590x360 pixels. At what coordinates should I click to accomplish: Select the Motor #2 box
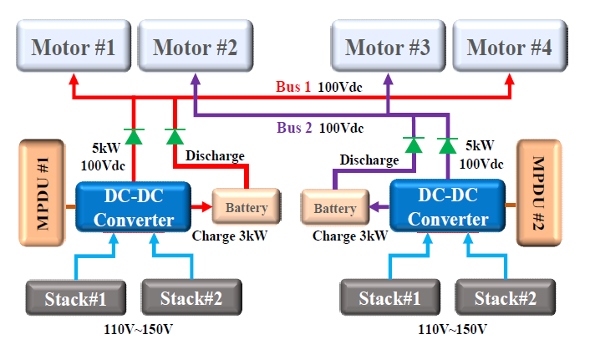pyautogui.click(x=195, y=48)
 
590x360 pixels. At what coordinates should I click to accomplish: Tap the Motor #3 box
pyautogui.click(x=387, y=48)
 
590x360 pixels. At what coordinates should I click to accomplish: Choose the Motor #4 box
pyautogui.click(x=509, y=48)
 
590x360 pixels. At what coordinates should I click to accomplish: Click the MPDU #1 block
pyautogui.click(x=39, y=192)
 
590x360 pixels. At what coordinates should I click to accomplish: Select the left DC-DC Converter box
pyautogui.click(x=133, y=207)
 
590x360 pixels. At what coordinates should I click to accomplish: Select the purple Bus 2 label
pyautogui.click(x=293, y=128)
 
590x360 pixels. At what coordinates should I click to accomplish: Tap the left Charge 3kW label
pyautogui.click(x=229, y=236)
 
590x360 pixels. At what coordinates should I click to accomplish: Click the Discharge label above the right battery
pyautogui.click(x=370, y=160)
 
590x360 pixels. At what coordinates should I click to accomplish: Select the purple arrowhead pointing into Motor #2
pyautogui.click(x=195, y=79)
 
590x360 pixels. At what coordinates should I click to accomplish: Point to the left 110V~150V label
pyautogui.click(x=139, y=329)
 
